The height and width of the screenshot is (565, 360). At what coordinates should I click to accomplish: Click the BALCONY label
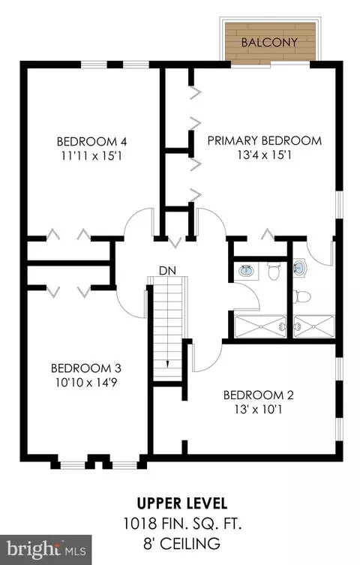(269, 43)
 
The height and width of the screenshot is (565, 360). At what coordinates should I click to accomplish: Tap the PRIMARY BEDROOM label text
(265, 140)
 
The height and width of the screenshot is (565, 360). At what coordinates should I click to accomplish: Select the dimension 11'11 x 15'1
(91, 156)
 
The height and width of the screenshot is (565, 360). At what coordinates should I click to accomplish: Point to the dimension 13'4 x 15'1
(265, 155)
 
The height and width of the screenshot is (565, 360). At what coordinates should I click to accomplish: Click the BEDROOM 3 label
(86, 368)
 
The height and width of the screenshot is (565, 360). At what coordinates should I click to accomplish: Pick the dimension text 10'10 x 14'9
(86, 383)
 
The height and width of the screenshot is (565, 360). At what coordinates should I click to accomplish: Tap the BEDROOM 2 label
(259, 395)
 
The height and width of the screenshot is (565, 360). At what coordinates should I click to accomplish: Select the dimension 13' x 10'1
(259, 410)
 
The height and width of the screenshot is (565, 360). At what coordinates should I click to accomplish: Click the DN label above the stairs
(168, 271)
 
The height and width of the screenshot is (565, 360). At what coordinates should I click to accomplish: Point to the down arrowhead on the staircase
(168, 364)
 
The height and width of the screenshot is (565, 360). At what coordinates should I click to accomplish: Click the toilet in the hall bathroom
(274, 271)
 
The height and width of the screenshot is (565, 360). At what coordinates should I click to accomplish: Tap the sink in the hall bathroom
(247, 270)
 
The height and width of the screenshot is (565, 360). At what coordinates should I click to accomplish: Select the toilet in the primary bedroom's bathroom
(301, 296)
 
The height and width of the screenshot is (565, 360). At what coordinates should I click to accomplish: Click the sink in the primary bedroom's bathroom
(299, 268)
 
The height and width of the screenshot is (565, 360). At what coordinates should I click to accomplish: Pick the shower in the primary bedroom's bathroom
(314, 327)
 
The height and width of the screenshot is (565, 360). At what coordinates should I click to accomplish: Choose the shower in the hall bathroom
(260, 327)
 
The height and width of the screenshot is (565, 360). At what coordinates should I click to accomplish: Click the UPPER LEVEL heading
(182, 503)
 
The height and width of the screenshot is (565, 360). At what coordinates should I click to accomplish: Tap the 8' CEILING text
(181, 543)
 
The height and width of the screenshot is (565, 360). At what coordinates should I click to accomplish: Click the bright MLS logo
(46, 550)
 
